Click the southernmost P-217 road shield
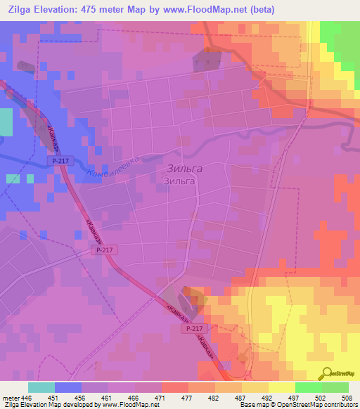[193, 328]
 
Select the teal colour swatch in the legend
[41, 387]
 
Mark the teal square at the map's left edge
[6, 123]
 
